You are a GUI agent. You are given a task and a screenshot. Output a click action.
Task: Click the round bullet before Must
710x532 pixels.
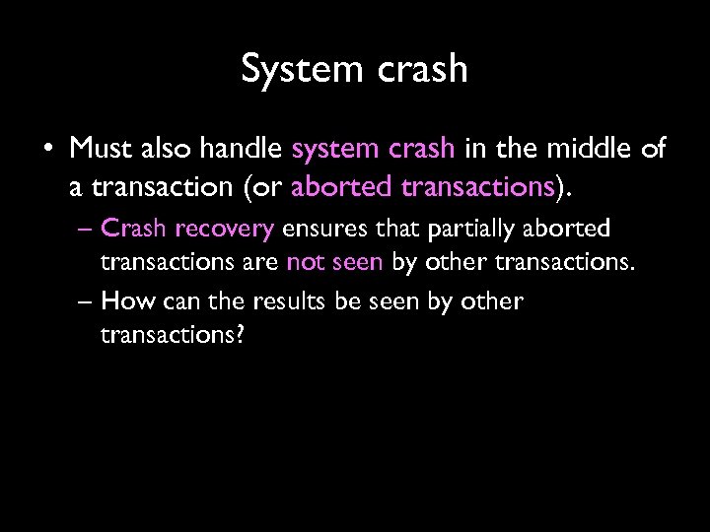(x=46, y=151)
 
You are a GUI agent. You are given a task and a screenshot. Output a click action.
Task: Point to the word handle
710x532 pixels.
(x=247, y=150)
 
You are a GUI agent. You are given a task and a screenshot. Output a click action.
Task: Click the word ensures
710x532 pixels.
(x=318, y=230)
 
